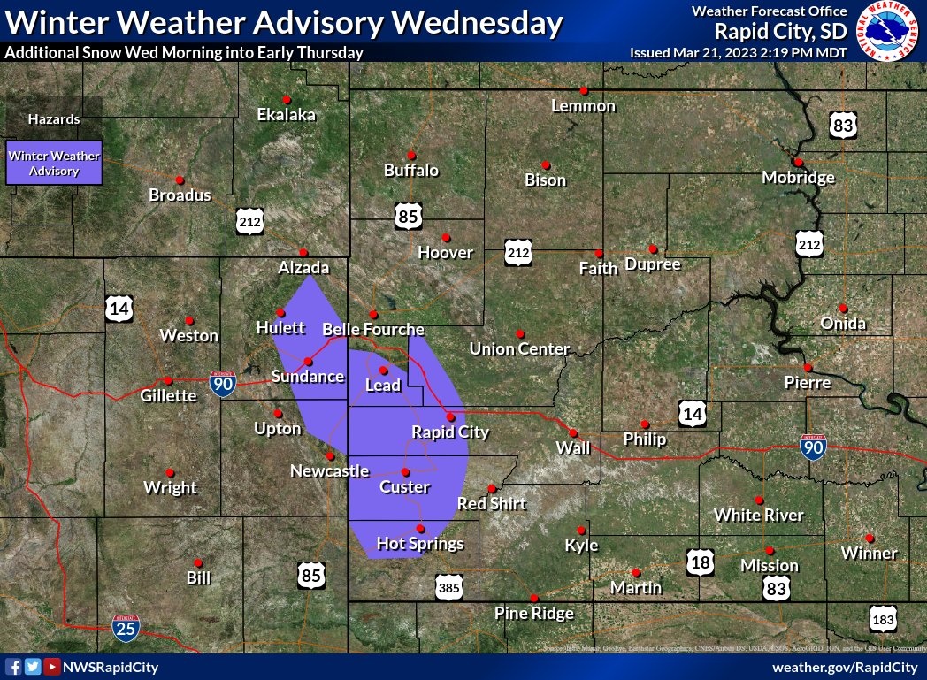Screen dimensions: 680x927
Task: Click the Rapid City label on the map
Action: point(450,432)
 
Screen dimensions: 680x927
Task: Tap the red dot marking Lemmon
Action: point(584,90)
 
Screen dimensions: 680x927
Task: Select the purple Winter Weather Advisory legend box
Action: point(54,163)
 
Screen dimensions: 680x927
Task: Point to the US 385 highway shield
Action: point(448,585)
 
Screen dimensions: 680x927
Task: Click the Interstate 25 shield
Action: point(125,627)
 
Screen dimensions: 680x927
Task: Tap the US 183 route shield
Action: point(882,619)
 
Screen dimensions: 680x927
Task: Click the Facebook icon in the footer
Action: point(13,667)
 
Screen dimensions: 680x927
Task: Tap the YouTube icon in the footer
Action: point(52,667)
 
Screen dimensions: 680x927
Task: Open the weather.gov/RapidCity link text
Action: point(845,667)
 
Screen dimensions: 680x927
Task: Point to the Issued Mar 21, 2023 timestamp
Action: point(738,52)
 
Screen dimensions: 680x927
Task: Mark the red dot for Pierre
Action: point(808,367)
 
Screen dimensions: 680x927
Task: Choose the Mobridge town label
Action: point(798,178)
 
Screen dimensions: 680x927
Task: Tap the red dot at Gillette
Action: point(168,380)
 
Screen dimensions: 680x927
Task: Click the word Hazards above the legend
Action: point(54,118)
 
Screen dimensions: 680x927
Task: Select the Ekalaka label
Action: point(286,114)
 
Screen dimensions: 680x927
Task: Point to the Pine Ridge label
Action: point(533,613)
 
